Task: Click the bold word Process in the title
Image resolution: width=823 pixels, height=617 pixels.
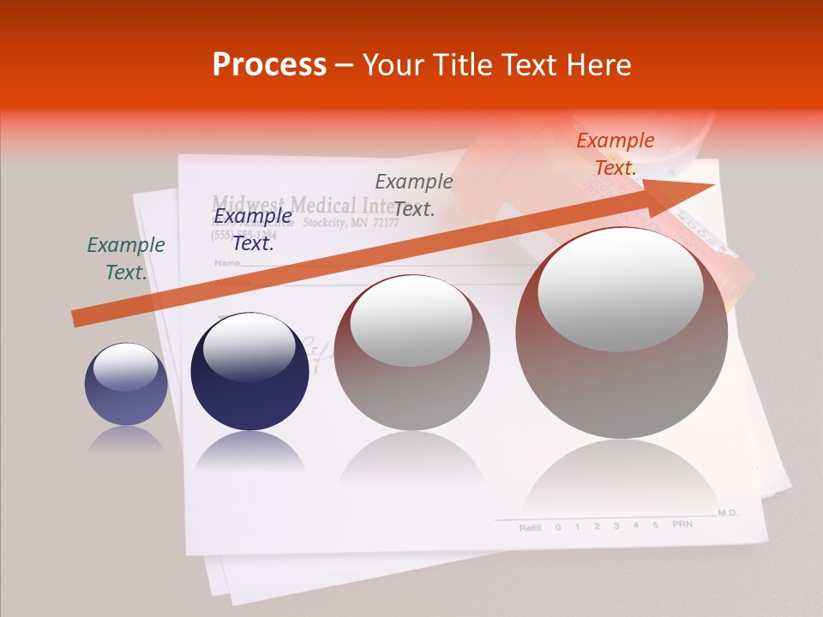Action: click(x=269, y=65)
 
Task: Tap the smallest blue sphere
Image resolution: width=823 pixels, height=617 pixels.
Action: click(x=126, y=385)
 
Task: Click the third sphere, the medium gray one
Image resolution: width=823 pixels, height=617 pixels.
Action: click(x=412, y=352)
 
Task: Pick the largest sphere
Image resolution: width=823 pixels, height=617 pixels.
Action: click(x=622, y=332)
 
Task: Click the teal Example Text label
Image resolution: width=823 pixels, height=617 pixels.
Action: click(x=126, y=259)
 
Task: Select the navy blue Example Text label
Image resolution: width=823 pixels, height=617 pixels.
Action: click(x=253, y=230)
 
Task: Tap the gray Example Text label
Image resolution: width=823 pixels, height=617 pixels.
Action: click(x=414, y=195)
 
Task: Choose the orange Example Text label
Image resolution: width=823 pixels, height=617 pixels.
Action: click(x=616, y=154)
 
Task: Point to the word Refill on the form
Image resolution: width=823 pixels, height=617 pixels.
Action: click(x=530, y=528)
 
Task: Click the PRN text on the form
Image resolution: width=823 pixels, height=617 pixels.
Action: click(x=682, y=524)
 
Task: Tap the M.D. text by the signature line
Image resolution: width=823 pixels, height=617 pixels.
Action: click(x=728, y=512)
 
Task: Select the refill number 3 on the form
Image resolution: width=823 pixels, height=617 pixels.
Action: click(x=616, y=525)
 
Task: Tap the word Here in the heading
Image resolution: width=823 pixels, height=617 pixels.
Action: click(x=600, y=65)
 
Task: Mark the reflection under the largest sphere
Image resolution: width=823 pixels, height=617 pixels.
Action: click(x=622, y=480)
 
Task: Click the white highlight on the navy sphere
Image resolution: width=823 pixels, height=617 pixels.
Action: click(x=249, y=347)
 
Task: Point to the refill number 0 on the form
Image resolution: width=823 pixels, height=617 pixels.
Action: click(x=558, y=527)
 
